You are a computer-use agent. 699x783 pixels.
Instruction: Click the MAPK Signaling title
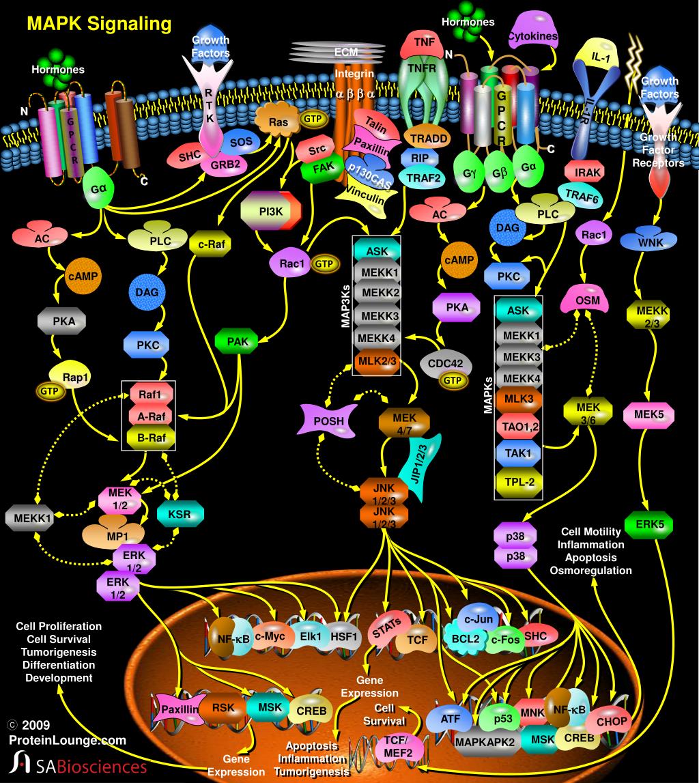click(98, 25)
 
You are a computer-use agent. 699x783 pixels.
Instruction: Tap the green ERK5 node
click(648, 524)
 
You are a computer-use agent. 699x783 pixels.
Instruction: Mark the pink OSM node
click(587, 301)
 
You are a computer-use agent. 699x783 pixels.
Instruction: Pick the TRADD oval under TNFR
click(429, 138)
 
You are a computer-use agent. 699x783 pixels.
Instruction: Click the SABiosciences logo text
click(89, 766)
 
